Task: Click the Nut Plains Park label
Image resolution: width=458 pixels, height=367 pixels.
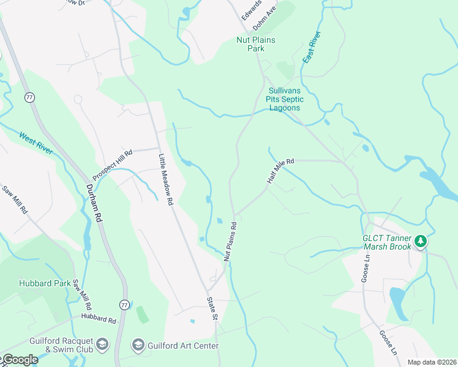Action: pyautogui.click(x=256, y=44)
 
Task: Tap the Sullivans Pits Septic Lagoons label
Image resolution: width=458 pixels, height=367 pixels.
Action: pyautogui.click(x=284, y=98)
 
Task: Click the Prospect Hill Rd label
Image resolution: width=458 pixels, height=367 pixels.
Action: pyautogui.click(x=112, y=162)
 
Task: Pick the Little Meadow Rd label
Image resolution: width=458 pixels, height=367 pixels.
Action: pyautogui.click(x=165, y=178)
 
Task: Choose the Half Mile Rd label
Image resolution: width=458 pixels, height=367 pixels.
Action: pyautogui.click(x=280, y=171)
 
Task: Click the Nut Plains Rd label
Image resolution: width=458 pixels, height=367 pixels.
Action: pyautogui.click(x=230, y=242)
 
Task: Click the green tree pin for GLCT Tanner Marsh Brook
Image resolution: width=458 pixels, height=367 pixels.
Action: pyautogui.click(x=420, y=242)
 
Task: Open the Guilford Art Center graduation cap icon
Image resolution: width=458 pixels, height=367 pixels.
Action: pyautogui.click(x=137, y=346)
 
